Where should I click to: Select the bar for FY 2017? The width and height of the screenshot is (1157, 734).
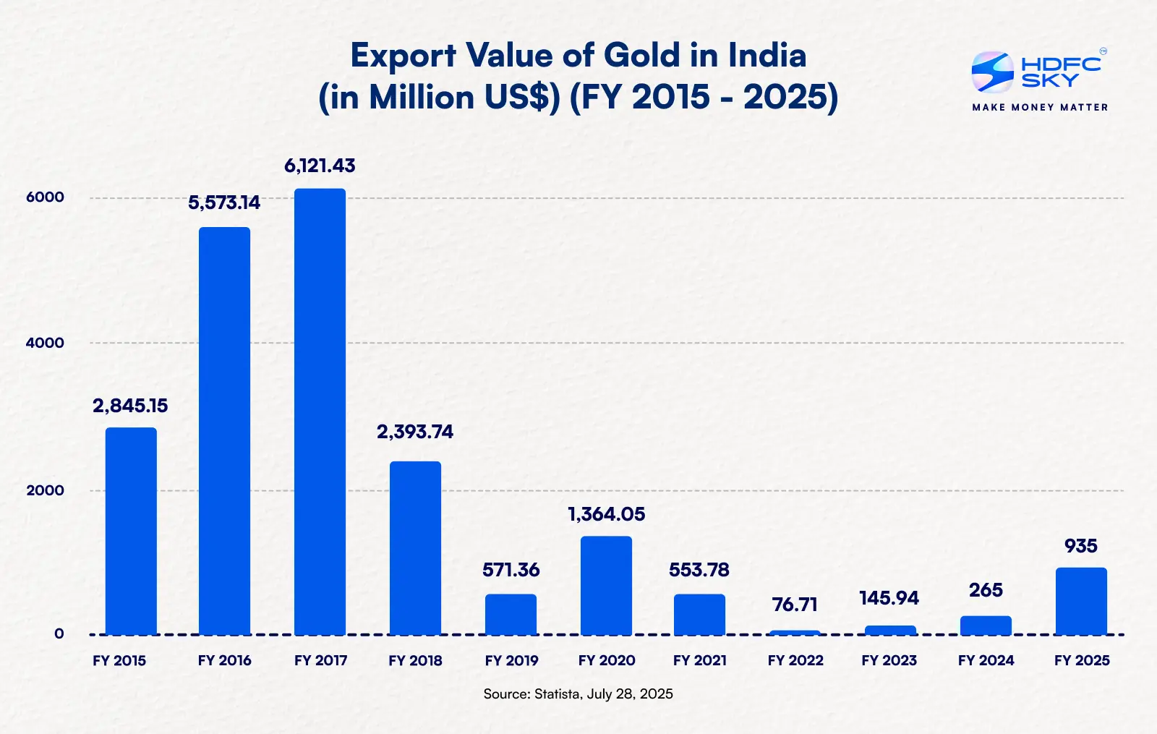pyautogui.click(x=320, y=412)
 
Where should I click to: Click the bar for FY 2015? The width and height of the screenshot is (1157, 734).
pyautogui.click(x=131, y=532)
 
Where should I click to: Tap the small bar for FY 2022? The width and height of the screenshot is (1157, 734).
pyautogui.click(x=795, y=633)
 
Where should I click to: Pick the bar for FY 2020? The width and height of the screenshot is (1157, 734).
pyautogui.click(x=606, y=586)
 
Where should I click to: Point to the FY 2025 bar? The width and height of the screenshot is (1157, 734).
pyautogui.click(x=1081, y=601)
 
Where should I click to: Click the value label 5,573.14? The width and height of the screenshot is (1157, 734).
pyautogui.click(x=224, y=203)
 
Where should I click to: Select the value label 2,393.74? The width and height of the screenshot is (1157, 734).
pyautogui.click(x=415, y=432)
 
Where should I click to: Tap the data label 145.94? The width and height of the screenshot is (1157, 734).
pyautogui.click(x=889, y=599)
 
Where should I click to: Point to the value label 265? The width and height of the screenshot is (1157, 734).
pyautogui.click(x=986, y=591)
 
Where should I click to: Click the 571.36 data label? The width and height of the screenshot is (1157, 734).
pyautogui.click(x=511, y=571)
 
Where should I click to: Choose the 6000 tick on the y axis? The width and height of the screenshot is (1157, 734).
pyautogui.click(x=45, y=197)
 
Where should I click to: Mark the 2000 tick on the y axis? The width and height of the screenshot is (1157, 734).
pyautogui.click(x=45, y=490)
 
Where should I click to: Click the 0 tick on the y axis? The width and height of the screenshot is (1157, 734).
pyautogui.click(x=59, y=634)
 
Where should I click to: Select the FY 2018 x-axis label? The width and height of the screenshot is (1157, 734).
pyautogui.click(x=415, y=661)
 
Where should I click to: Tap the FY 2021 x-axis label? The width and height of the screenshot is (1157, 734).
pyautogui.click(x=699, y=661)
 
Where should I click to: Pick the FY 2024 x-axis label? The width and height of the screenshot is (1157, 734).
pyautogui.click(x=986, y=661)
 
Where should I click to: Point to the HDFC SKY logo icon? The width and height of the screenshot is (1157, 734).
pyautogui.click(x=992, y=72)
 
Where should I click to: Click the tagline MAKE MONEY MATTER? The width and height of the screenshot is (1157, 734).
pyautogui.click(x=1040, y=108)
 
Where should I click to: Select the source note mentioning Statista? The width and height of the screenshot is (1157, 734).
pyautogui.click(x=578, y=694)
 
